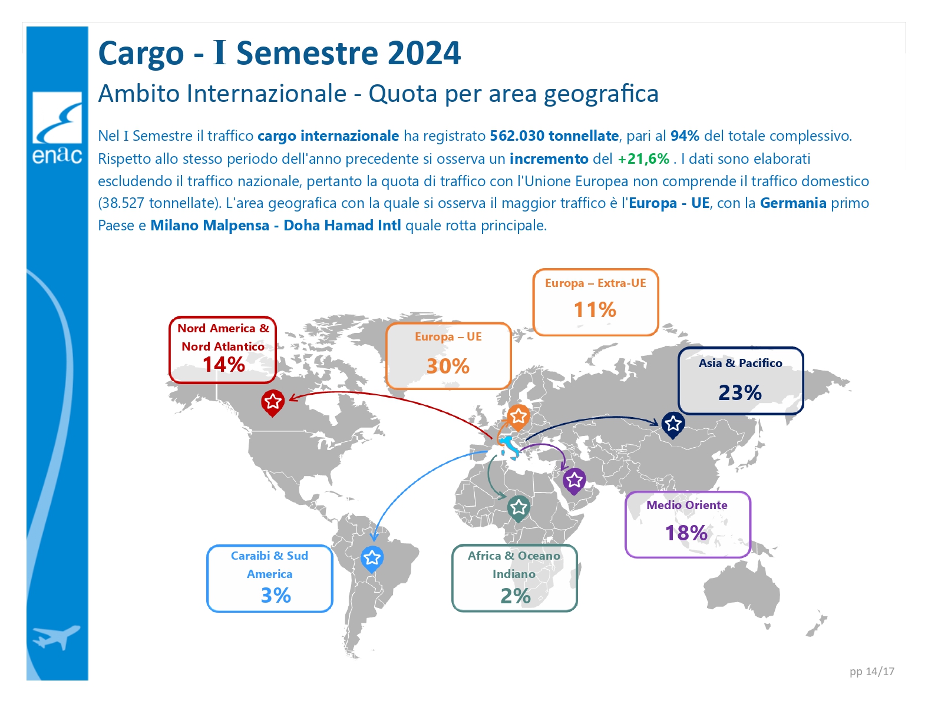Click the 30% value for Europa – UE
(x=448, y=366)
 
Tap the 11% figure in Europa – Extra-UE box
(x=595, y=310)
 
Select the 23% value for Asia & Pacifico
(x=740, y=392)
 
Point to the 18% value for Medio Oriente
(x=686, y=533)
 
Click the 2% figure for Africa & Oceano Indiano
(x=516, y=596)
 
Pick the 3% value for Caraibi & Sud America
(x=276, y=596)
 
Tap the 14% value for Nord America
(x=224, y=364)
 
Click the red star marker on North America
(x=273, y=403)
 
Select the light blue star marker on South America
(x=372, y=559)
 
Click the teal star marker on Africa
(x=519, y=508)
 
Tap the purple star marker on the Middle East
(x=574, y=481)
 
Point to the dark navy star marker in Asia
(x=673, y=425)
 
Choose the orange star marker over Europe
(x=519, y=418)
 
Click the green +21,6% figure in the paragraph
(x=643, y=159)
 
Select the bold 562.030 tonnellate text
(x=554, y=136)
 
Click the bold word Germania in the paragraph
(x=793, y=203)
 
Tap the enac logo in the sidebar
(x=57, y=128)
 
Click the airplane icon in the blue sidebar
(x=56, y=637)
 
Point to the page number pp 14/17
(x=872, y=672)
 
